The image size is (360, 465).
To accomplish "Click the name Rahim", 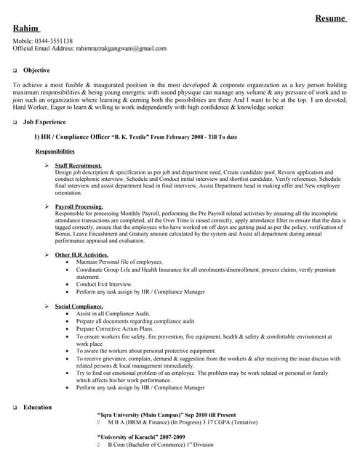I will click(26, 28).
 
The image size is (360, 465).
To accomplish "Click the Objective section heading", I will click(36, 70).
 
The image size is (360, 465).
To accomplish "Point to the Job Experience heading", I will click(44, 123).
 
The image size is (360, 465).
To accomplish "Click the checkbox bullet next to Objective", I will click(15, 71).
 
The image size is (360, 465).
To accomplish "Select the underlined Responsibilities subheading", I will click(55, 151).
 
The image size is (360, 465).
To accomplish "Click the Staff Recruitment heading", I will click(78, 166).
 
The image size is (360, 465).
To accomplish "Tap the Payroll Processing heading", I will click(79, 206).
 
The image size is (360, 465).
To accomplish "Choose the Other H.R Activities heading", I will click(81, 255).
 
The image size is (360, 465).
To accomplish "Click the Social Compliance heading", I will click(79, 306).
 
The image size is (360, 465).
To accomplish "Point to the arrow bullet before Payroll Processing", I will click(47, 206).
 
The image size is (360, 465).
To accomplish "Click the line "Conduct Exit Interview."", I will click(104, 284).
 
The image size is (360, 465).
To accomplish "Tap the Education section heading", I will click(37, 407).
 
